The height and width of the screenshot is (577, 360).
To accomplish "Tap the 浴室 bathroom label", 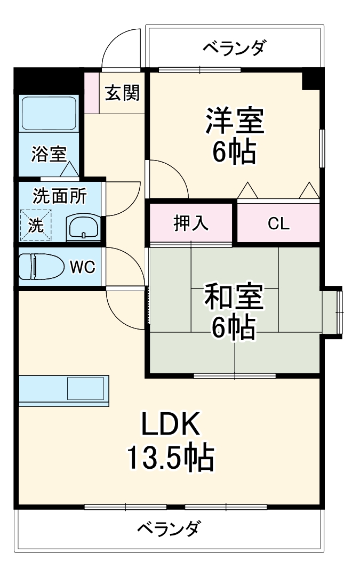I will coord(49,155).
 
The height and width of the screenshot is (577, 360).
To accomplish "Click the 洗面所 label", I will coord(59,196).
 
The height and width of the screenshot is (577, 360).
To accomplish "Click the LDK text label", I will coord(171,425).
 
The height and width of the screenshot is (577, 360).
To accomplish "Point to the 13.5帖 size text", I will coord(171,457).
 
